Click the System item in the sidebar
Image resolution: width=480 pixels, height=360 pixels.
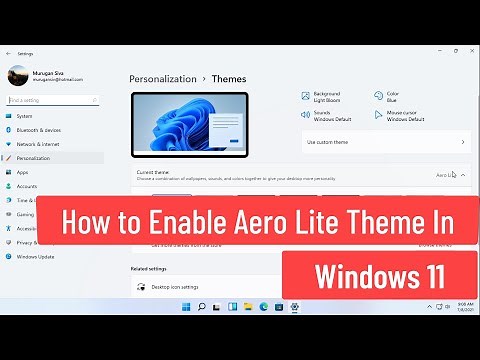(24, 116)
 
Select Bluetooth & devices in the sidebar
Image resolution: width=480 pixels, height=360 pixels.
(38, 130)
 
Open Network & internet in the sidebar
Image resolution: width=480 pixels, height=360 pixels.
(38, 144)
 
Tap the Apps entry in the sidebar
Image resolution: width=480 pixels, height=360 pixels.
(22, 172)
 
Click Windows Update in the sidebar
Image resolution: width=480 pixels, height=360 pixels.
(35, 256)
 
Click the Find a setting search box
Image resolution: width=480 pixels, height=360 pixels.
(55, 100)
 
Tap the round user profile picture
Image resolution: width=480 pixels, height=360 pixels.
(18, 75)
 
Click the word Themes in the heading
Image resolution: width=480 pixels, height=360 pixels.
(228, 78)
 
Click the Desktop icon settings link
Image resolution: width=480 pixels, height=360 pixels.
(175, 287)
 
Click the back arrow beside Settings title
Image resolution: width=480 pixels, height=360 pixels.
(8, 53)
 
